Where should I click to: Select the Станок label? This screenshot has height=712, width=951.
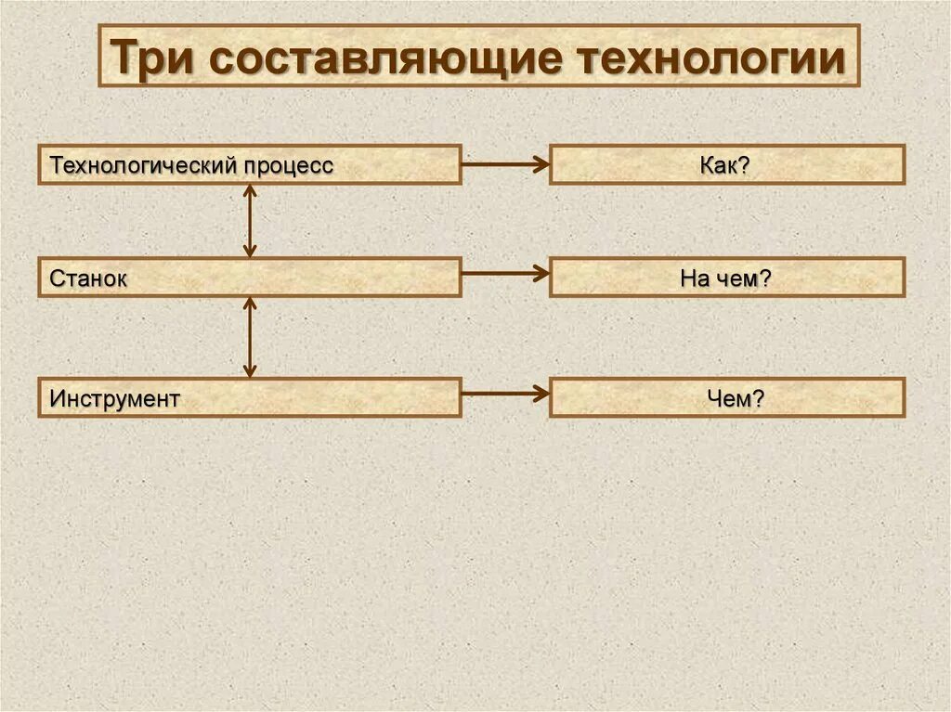tap(88, 278)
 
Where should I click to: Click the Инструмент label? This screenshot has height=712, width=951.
tap(114, 398)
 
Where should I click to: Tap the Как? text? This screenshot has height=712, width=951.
tap(725, 165)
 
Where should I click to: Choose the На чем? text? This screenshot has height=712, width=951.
tap(725, 278)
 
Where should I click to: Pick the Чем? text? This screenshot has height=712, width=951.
tap(735, 398)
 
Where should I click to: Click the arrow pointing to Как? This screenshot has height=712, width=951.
tap(505, 164)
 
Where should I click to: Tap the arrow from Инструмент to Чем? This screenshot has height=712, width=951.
tap(505, 394)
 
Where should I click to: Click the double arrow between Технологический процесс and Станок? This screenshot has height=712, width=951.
tap(249, 221)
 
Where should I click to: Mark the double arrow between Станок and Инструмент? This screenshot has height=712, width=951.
tap(249, 337)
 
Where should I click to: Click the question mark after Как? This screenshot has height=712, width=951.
tap(745, 165)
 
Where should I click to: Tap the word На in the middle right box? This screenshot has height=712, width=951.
tap(695, 278)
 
